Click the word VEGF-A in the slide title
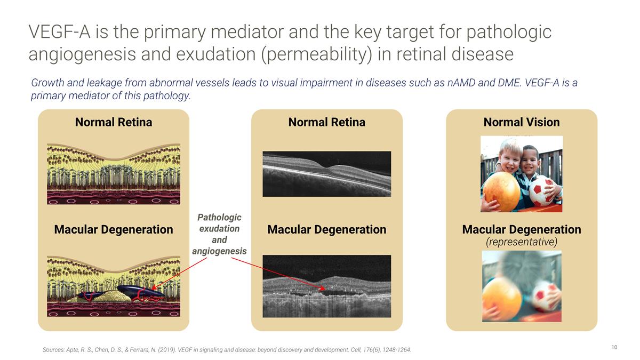pos(59,31)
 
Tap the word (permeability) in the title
pos(317,54)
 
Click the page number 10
pos(614,347)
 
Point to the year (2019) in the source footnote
pos(166,350)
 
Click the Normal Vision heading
pos(522,122)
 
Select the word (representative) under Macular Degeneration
pos(522,242)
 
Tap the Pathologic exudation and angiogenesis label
pos(219,234)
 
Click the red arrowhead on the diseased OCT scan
pos(323,289)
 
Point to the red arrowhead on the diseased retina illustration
pos(154,287)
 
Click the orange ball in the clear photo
pos(502,191)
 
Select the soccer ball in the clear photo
pos(541,191)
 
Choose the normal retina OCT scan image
pos(327,174)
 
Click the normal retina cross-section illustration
pos(114,174)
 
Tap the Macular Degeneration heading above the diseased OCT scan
pos(326,229)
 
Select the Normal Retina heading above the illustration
pos(114,122)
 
